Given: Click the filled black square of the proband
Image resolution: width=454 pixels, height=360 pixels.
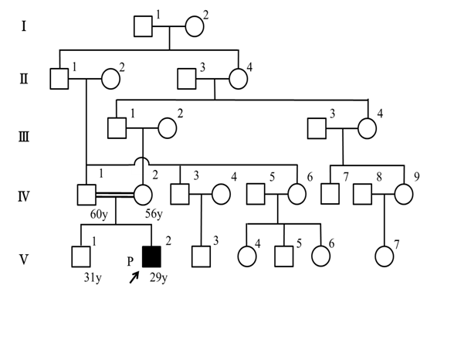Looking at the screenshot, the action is pyautogui.click(x=151, y=256).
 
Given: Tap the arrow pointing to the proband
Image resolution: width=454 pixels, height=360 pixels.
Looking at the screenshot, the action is pyautogui.click(x=134, y=277).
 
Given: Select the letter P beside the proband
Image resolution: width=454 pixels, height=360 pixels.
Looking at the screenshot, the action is pyautogui.click(x=130, y=262).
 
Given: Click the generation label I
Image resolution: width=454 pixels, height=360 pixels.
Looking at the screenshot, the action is pyautogui.click(x=24, y=26).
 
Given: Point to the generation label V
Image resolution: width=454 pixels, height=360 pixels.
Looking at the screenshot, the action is pyautogui.click(x=24, y=260).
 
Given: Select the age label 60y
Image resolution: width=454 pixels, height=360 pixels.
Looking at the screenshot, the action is pyautogui.click(x=99, y=215).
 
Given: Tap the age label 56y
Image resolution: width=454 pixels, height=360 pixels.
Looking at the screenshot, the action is pyautogui.click(x=154, y=215).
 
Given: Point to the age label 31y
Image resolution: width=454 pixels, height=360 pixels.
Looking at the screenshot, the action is pyautogui.click(x=93, y=278).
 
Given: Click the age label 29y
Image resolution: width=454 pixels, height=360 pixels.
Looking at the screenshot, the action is pyautogui.click(x=158, y=278).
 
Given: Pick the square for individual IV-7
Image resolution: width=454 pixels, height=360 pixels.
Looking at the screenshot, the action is pyautogui.click(x=330, y=194).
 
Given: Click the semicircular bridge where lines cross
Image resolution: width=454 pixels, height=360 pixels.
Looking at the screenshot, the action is pyautogui.click(x=142, y=159).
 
